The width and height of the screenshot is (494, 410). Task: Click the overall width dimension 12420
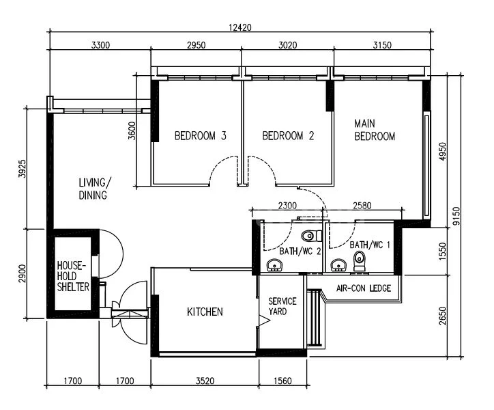[240, 28]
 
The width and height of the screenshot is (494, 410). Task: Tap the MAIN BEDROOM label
[375, 130]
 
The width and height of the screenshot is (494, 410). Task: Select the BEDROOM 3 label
[200, 136]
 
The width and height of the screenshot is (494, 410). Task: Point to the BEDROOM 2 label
[288, 136]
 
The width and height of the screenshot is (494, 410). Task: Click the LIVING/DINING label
[93, 189]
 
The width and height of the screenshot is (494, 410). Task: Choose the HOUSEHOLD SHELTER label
[73, 276]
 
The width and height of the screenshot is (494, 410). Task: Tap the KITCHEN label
[205, 312]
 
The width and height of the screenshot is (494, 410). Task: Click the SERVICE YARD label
[282, 306]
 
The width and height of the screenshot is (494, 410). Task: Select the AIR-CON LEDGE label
[364, 288]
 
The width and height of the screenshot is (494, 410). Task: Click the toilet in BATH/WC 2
[310, 236]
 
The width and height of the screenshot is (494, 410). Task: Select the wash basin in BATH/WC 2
[275, 265]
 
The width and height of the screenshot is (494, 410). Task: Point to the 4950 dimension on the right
[442, 152]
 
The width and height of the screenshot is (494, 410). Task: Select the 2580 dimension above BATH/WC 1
[362, 206]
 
